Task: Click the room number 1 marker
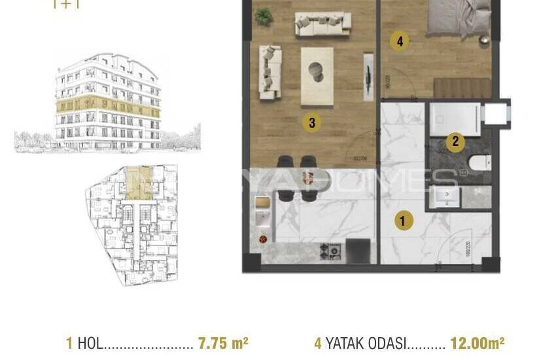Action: (403, 221)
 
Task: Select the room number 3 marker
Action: (312, 122)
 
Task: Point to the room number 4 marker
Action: (399, 41)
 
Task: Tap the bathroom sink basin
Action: (448, 196)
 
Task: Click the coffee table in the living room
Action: (317, 75)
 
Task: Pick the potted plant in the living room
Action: (264, 17)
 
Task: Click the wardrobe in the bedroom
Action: (462, 88)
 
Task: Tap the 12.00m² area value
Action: (477, 342)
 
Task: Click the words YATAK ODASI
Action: (366, 342)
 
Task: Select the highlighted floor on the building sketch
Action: (108, 105)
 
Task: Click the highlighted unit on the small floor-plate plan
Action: (138, 183)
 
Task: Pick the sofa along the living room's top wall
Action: (322, 24)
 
